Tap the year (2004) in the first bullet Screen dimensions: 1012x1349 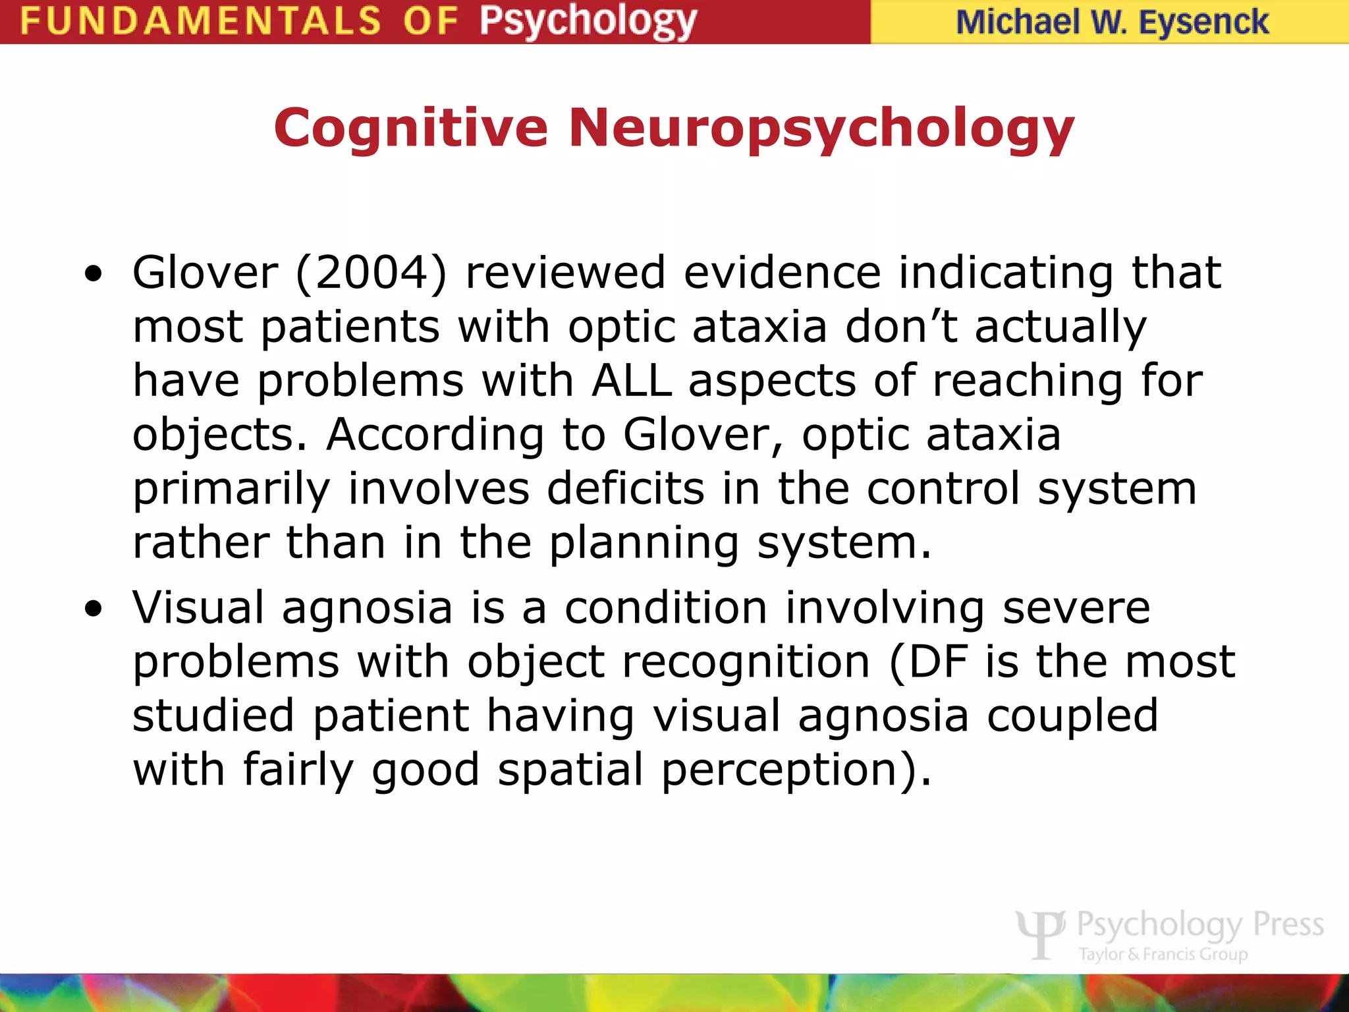(x=372, y=273)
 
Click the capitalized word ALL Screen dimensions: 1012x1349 (x=632, y=381)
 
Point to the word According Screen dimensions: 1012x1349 (x=435, y=435)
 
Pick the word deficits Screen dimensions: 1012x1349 (x=625, y=489)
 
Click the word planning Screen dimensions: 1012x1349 (x=644, y=544)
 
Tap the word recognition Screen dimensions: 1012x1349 (x=746, y=661)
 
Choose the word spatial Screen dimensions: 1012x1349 (x=570, y=770)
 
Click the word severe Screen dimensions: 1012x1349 (x=1076, y=607)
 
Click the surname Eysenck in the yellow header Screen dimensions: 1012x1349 (x=1203, y=22)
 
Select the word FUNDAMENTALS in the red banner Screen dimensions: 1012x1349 (x=200, y=21)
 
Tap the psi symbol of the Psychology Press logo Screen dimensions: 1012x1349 (x=1040, y=933)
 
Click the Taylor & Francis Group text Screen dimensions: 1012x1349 (x=1163, y=953)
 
